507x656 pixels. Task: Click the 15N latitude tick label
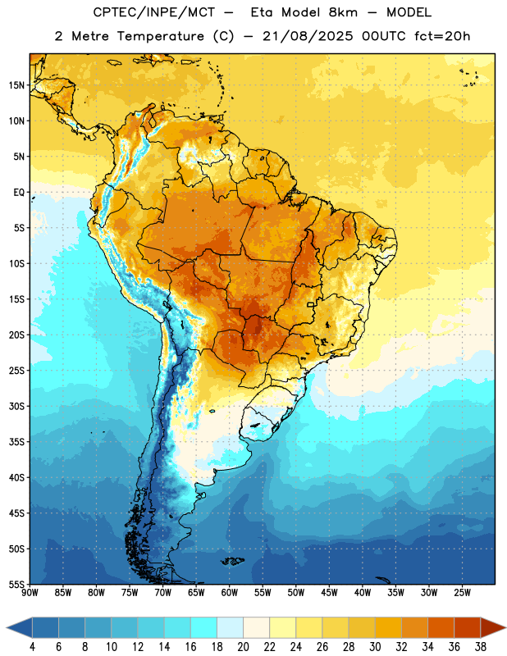16,85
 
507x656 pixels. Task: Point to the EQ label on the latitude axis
19,193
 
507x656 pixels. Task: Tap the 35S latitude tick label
16,442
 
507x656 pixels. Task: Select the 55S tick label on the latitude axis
16,585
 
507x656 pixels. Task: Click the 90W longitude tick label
30,593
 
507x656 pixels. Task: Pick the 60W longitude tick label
230,593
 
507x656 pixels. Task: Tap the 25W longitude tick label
462,593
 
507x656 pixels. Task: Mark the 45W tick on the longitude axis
330,593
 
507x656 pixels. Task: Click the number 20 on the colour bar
243,647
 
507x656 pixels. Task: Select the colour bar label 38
481,647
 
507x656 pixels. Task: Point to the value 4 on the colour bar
32,647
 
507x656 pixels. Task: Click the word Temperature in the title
160,36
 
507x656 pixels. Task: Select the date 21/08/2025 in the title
308,36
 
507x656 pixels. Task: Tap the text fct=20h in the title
442,36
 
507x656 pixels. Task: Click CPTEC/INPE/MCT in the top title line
153,13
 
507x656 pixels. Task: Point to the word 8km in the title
343,12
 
